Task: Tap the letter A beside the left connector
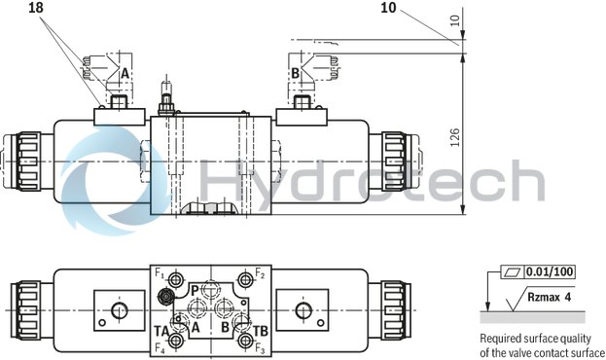click(124, 73)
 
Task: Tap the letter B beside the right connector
click(295, 73)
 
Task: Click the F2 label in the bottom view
click(260, 274)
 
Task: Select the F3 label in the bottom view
click(260, 348)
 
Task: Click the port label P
click(194, 290)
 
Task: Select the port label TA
click(161, 331)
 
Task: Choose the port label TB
click(260, 331)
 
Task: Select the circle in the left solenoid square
click(118, 310)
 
